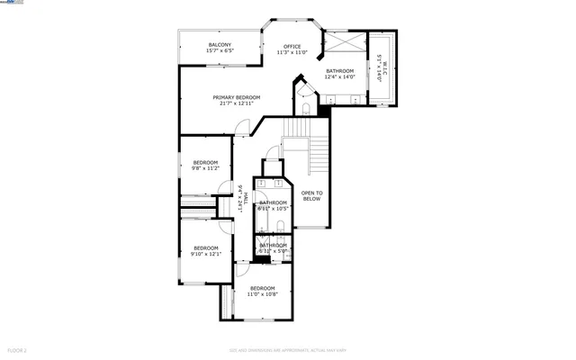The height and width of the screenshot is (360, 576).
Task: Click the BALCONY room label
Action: pyautogui.click(x=220, y=45)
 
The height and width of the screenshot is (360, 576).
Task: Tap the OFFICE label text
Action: pyautogui.click(x=292, y=46)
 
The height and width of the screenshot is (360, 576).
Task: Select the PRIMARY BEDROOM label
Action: pyautogui.click(x=237, y=97)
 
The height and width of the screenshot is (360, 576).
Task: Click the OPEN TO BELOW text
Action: pyautogui.click(x=311, y=195)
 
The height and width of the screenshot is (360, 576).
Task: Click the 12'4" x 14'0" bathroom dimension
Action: pyautogui.click(x=340, y=76)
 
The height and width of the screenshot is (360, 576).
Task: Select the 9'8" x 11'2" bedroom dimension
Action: pyautogui.click(x=206, y=167)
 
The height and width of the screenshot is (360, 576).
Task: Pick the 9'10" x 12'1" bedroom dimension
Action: pyautogui.click(x=206, y=254)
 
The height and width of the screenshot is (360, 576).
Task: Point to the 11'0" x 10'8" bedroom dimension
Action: pyautogui.click(x=263, y=293)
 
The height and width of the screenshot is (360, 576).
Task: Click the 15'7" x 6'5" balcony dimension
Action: pyautogui.click(x=220, y=51)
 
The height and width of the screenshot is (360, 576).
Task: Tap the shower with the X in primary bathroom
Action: pyautogui.click(x=342, y=43)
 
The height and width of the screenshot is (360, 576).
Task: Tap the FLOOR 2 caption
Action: pyautogui.click(x=17, y=349)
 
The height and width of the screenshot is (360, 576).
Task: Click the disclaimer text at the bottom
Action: pyautogui.click(x=288, y=349)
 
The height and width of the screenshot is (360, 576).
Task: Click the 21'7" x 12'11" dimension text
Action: pyautogui.click(x=237, y=103)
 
